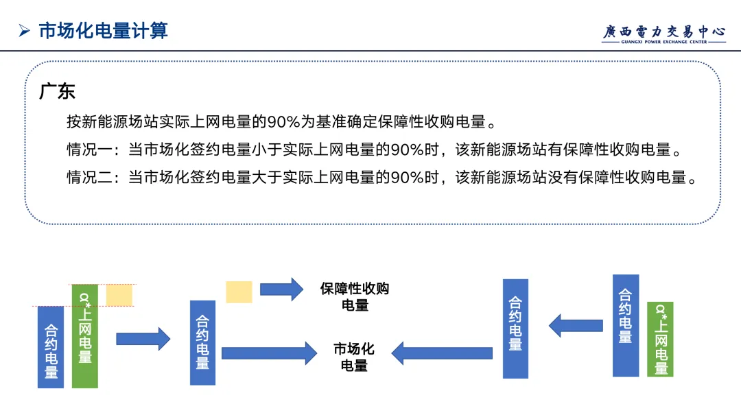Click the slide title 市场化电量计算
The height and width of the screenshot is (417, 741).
coord(103,31)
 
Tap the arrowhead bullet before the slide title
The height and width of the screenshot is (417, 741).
coord(25,31)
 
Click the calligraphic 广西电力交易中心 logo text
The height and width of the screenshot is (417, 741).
coord(664,31)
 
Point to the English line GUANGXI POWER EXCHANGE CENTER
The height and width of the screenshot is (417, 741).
coord(664,42)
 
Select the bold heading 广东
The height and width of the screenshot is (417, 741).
coord(57,92)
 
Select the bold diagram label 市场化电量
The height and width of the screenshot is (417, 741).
coord(354,357)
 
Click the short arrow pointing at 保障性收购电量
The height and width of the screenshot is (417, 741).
coord(281,289)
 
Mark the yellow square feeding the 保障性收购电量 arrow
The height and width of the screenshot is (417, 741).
coord(239,291)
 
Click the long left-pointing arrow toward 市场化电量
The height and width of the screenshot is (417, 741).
coord(443,353)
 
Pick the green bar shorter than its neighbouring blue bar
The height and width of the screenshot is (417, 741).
coord(660,339)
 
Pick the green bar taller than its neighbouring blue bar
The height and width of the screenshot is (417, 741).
coord(85,336)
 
